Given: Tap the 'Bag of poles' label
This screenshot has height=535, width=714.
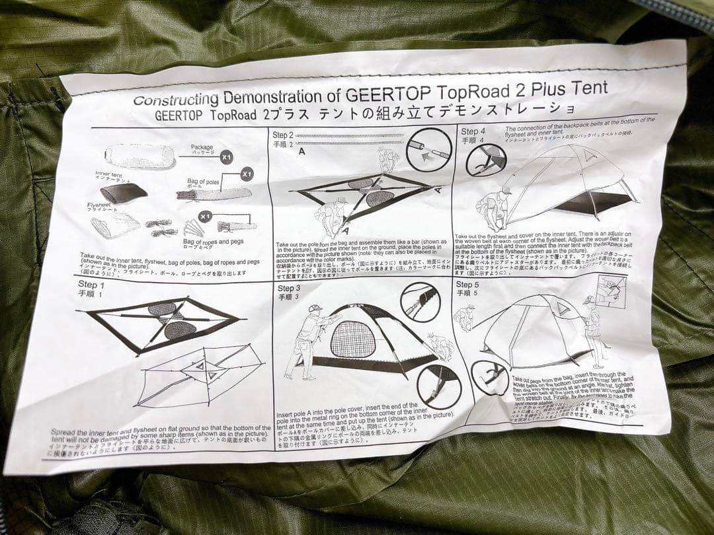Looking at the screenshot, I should coord(203,181).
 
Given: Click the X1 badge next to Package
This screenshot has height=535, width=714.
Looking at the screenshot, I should coord(226,157).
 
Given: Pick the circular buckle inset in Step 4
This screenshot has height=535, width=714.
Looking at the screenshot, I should coord(485,159).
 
